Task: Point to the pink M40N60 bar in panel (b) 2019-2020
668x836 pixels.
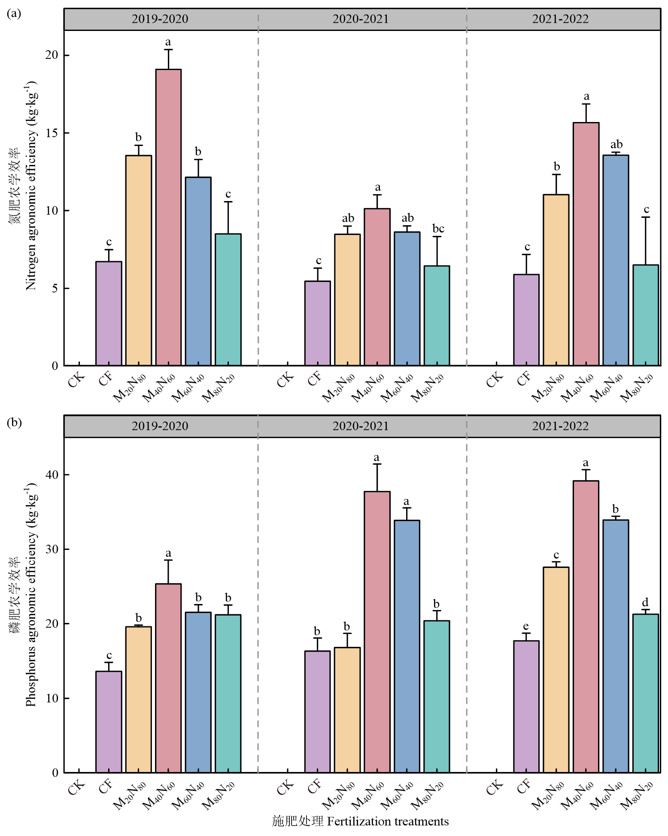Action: [168, 679]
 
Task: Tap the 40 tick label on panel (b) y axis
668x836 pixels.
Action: [52, 475]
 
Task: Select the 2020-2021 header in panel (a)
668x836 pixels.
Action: [361, 19]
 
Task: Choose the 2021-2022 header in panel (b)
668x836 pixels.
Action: [560, 426]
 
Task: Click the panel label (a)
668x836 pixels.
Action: [13, 14]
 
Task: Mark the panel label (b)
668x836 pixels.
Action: [13, 422]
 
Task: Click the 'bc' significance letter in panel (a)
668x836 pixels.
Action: [438, 229]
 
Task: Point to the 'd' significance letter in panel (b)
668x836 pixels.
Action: [645, 602]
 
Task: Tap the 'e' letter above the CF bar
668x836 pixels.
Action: [526, 626]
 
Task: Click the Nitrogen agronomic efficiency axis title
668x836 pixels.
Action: [31, 185]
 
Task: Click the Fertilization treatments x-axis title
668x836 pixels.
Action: [361, 821]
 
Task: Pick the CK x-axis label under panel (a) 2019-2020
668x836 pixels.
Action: [76, 381]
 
